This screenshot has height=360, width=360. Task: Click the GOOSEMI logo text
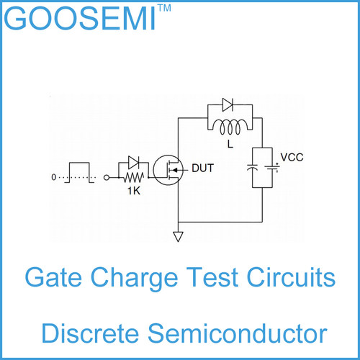(80, 18)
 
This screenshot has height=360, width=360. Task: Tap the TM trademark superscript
(165, 8)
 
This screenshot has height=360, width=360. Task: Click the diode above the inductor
(228, 105)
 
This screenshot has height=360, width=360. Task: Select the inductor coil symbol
(230, 127)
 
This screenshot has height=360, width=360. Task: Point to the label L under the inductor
(230, 144)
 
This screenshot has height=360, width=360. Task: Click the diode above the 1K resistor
(133, 163)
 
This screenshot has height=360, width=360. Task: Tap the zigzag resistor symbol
(134, 178)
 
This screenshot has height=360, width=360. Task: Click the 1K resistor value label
(134, 191)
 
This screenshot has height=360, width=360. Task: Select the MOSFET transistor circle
(168, 170)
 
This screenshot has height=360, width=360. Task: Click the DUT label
(203, 168)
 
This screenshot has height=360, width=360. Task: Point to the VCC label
(292, 158)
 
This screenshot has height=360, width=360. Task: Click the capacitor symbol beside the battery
(253, 168)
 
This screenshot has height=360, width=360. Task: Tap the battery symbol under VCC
(272, 168)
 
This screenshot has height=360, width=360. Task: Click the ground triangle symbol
(178, 236)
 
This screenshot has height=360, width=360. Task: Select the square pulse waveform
(79, 173)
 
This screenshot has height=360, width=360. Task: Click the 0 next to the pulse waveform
(54, 177)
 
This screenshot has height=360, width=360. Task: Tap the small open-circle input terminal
(107, 178)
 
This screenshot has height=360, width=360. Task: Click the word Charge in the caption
(134, 279)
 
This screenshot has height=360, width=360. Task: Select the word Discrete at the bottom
(90, 333)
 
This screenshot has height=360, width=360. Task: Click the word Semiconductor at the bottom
(238, 333)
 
